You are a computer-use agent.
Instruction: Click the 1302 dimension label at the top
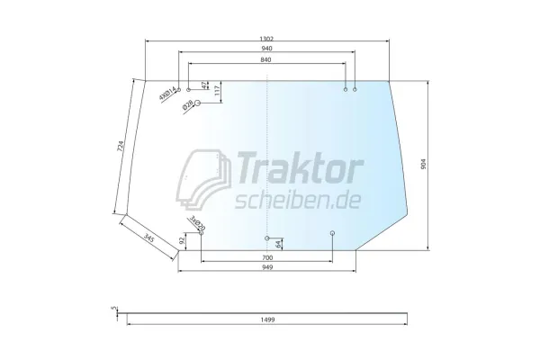pyautogui.click(x=265, y=38)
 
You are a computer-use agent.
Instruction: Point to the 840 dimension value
pyautogui.click(x=265, y=59)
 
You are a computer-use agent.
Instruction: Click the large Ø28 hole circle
pyautogui.click(x=199, y=104)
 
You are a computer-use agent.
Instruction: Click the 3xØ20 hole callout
pyautogui.click(x=195, y=223)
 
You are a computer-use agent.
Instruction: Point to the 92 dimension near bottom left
pyautogui.click(x=183, y=240)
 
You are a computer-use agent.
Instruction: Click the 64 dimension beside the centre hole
pyautogui.click(x=279, y=244)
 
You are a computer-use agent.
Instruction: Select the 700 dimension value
pyautogui.click(x=266, y=257)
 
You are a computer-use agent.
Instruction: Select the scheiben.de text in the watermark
pyautogui.click(x=297, y=198)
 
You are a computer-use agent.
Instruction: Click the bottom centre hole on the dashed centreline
pyautogui.click(x=267, y=238)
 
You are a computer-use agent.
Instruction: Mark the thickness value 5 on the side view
pyautogui.click(x=113, y=308)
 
